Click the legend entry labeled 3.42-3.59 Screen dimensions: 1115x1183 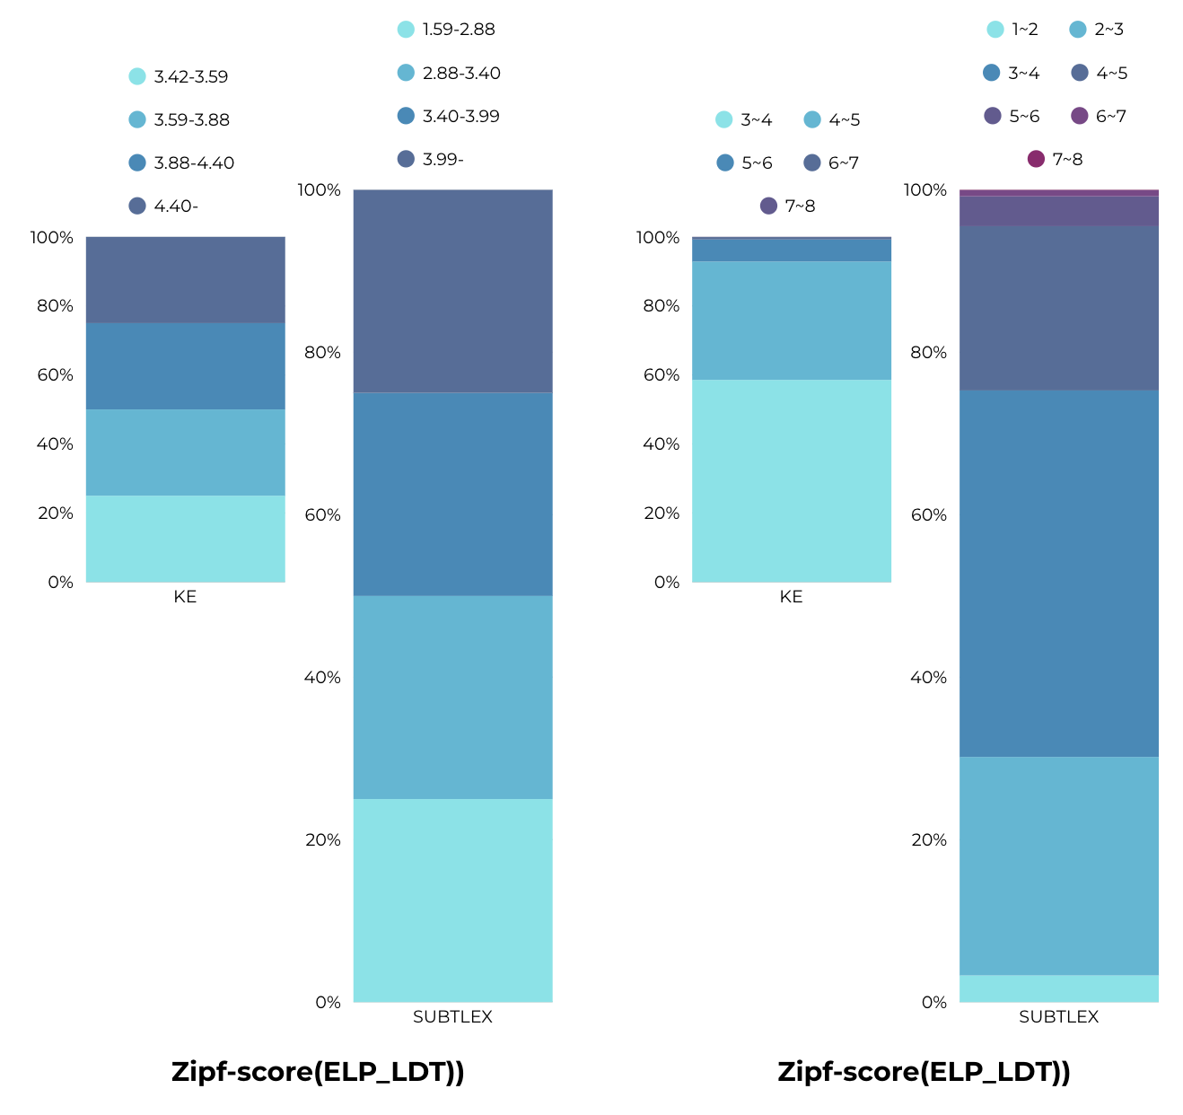click(180, 76)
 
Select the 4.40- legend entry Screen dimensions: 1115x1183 click(164, 206)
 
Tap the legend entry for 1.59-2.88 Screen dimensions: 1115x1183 click(447, 30)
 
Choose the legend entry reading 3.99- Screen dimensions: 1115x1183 click(432, 159)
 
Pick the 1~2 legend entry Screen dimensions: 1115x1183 click(1013, 30)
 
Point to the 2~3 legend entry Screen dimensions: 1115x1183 click(1097, 30)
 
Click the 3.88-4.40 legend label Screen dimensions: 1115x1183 click(182, 162)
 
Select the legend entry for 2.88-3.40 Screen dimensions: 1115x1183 click(450, 73)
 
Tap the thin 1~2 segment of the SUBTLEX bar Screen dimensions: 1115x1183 click(1058, 988)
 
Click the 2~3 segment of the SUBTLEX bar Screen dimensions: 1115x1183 click(1058, 865)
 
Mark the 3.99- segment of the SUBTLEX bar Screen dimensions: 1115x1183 click(452, 291)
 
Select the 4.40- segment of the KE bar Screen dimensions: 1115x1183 click(185, 279)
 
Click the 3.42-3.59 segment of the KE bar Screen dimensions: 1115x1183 click(185, 539)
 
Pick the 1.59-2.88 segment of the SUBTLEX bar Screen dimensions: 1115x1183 click(452, 900)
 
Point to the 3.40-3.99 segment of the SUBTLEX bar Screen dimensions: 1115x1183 click(452, 494)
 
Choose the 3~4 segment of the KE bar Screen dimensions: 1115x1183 click(791, 480)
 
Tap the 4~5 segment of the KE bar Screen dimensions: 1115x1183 click(791, 320)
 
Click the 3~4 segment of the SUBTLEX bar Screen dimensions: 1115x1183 click(1058, 573)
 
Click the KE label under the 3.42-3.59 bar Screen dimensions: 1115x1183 click(185, 597)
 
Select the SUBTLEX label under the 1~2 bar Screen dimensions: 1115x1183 click(1058, 1017)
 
